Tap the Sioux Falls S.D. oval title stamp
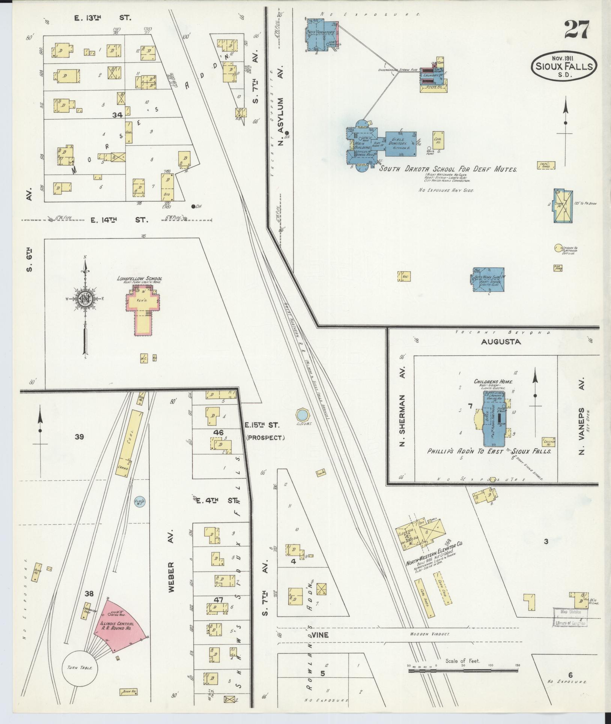[564, 67]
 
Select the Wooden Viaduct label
[429, 634]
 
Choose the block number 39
[79, 437]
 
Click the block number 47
[218, 600]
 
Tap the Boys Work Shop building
[488, 279]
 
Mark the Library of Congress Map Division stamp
[569, 617]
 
